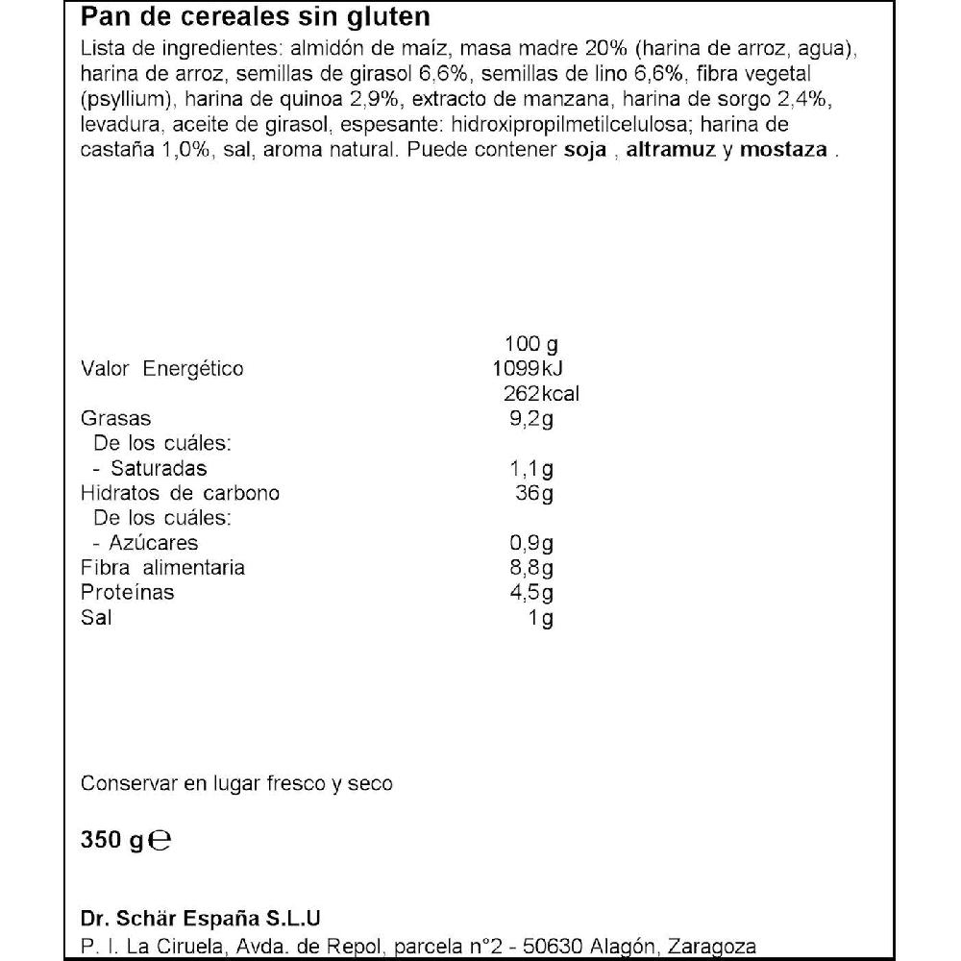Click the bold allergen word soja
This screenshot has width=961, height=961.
tap(587, 150)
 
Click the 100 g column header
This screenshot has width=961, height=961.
tap(530, 344)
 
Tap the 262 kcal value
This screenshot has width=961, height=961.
tap(541, 394)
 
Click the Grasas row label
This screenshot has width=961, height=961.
tap(116, 419)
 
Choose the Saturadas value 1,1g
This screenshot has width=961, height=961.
tap(530, 469)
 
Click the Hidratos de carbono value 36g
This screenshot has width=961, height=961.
tap(534, 494)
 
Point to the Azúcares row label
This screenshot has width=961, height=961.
tap(149, 544)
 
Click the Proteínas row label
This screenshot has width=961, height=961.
tap(128, 593)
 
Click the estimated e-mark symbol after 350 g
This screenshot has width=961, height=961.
tap(162, 842)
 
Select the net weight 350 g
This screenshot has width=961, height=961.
tap(111, 842)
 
